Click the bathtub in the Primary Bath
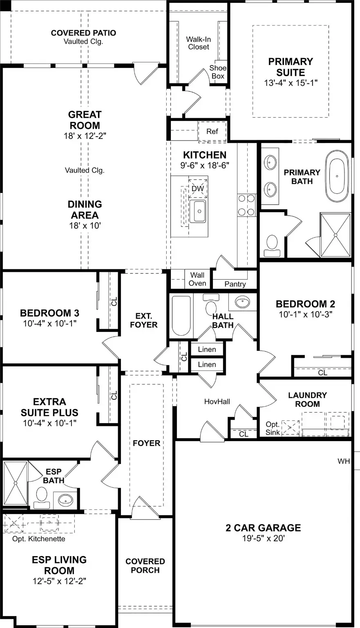click(x=337, y=175)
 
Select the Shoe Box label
click(x=218, y=72)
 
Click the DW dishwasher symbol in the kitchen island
click(x=198, y=188)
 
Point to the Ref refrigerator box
click(x=212, y=131)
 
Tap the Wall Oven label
click(x=197, y=279)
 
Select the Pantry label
click(x=235, y=284)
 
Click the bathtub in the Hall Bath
click(x=180, y=315)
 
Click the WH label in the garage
click(x=344, y=461)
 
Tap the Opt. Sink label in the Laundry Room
click(x=273, y=428)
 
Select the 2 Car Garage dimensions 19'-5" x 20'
click(x=263, y=538)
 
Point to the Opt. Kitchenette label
click(x=38, y=539)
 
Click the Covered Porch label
click(x=145, y=566)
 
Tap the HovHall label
click(x=217, y=401)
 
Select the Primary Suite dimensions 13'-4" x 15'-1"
click(x=291, y=83)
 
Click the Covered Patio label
click(x=83, y=33)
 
